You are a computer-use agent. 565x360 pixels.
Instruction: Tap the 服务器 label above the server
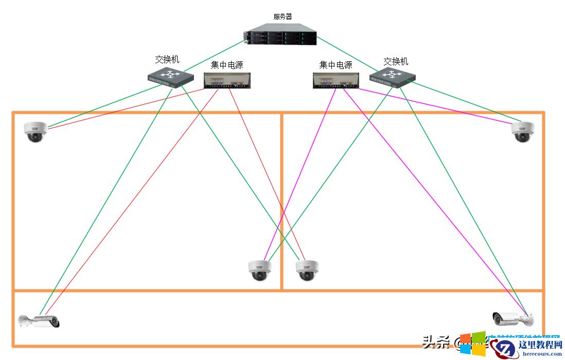(x=282, y=16)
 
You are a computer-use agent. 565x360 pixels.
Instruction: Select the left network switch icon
(x=171, y=76)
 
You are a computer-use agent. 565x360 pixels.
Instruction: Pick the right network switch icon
(x=392, y=76)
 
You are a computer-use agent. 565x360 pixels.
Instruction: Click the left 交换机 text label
(x=167, y=60)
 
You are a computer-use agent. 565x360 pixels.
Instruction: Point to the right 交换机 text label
(x=396, y=61)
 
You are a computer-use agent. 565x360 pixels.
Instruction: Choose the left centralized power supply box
(x=227, y=80)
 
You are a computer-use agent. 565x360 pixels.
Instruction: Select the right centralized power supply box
(x=336, y=80)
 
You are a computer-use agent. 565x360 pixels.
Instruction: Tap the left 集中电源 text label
(x=227, y=65)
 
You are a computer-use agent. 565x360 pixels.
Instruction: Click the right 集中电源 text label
(x=336, y=65)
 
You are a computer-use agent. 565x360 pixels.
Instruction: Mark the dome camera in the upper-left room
(x=36, y=132)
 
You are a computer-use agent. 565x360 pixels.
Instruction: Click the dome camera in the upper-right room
(x=523, y=132)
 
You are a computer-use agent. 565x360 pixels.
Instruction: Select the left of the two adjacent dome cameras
(x=259, y=270)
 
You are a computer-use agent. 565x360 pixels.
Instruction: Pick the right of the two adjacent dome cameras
(x=307, y=270)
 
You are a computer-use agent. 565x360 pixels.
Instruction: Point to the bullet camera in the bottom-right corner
(x=512, y=319)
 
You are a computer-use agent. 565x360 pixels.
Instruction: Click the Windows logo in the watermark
(x=472, y=344)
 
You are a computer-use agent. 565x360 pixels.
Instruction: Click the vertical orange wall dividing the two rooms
(x=281, y=201)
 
